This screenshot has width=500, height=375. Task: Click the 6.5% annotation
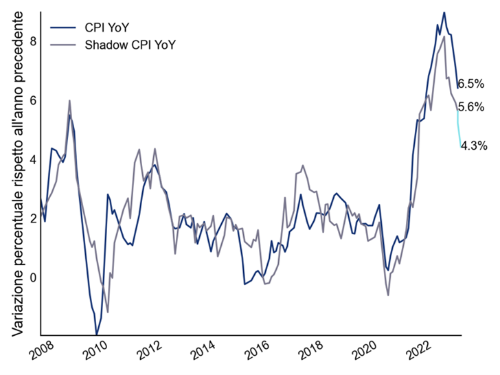pos(471,84)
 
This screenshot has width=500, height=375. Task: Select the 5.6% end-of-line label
pos(471,107)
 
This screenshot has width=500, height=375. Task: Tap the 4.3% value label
pos(474,146)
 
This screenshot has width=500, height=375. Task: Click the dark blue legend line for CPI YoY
pos(62,27)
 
